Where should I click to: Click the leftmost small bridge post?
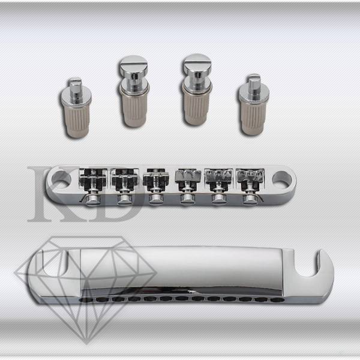pyautogui.click(x=76, y=108)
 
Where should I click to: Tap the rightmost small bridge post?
pyautogui.click(x=253, y=104)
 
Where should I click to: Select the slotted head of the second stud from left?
pyautogui.click(x=133, y=65)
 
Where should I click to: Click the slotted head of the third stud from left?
pyautogui.click(x=197, y=64)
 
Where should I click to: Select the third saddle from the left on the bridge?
pyautogui.click(x=156, y=179)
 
